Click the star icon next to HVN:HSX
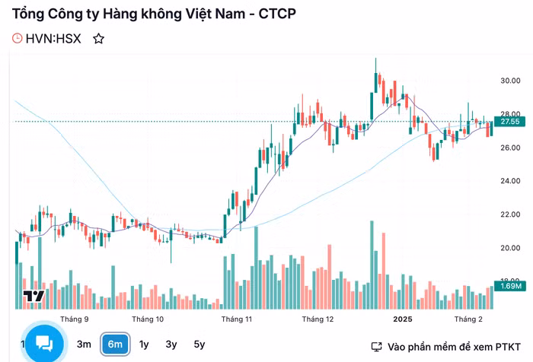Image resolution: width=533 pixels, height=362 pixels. point(98,39)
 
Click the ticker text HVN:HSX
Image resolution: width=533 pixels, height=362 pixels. point(53,39)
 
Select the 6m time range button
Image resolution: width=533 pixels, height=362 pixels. point(115,345)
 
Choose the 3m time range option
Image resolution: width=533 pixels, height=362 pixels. point(84,345)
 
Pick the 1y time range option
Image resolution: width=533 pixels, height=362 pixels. point(144,345)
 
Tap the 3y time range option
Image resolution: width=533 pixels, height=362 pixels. point(171,345)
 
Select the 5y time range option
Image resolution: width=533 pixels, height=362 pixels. point(199,345)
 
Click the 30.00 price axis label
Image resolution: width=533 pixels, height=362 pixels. point(510,81)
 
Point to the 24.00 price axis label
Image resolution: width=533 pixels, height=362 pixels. point(510,181)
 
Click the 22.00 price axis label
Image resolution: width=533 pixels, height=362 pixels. point(510,214)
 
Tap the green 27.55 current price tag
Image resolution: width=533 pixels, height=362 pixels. point(509,122)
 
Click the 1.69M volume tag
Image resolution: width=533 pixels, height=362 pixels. point(509,286)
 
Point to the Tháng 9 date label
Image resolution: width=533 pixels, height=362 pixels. point(75,319)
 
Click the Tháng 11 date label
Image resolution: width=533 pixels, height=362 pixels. point(237,319)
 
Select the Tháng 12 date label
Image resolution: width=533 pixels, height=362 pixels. point(318,319)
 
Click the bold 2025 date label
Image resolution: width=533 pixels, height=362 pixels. point(402,319)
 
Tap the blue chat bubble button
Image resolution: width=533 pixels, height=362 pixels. point(44,344)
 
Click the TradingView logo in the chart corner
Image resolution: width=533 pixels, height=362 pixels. point(34,296)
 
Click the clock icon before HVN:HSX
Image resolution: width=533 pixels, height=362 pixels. point(18,39)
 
